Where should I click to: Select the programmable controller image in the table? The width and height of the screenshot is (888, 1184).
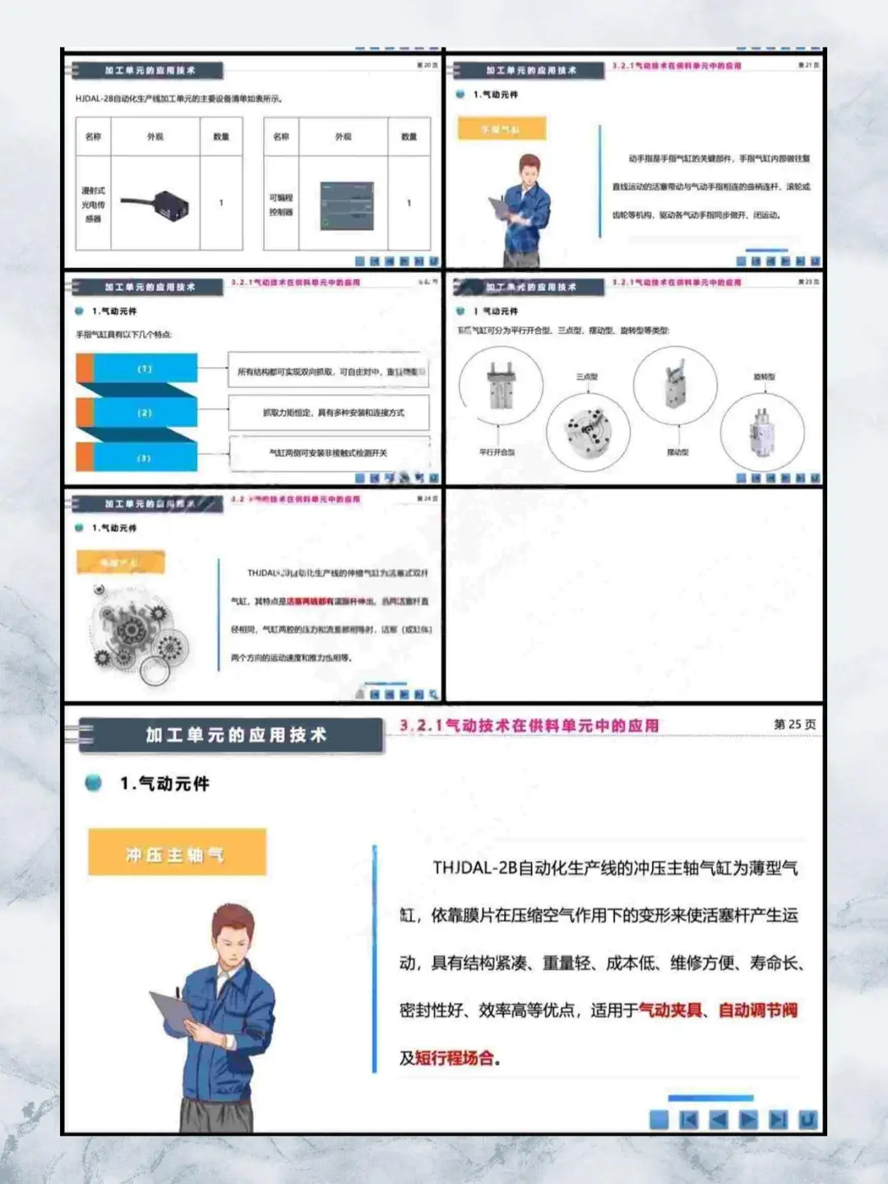(x=346, y=206)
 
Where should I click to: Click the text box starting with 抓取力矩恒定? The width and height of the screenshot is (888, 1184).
(x=330, y=413)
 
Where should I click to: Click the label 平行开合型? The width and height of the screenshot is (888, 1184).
(x=497, y=452)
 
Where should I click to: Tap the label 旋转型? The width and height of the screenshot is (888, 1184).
(x=764, y=377)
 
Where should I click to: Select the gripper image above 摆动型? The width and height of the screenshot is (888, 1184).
(x=675, y=383)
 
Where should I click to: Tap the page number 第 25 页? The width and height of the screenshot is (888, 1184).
(x=794, y=724)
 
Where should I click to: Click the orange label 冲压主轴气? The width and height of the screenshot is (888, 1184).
(x=176, y=853)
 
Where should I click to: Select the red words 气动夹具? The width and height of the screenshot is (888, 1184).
(x=670, y=1011)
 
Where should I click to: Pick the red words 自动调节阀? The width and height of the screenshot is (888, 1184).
(x=757, y=1011)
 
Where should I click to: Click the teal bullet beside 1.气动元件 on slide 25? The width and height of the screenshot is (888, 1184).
(x=94, y=783)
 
